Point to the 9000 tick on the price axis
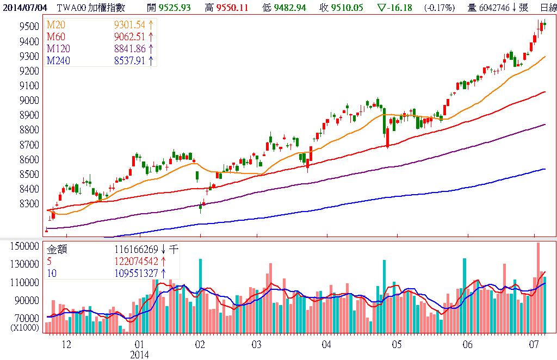28,101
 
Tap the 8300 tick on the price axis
28,204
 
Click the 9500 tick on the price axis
28,27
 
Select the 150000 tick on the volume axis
25,246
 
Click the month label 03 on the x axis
257,344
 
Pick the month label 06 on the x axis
467,344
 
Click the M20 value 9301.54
130,26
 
